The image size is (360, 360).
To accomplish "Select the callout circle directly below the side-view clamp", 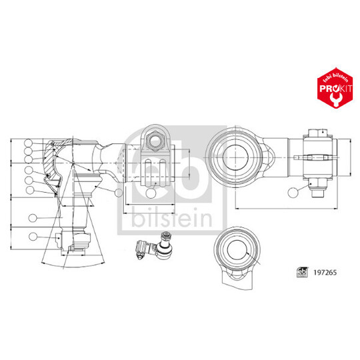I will (x=151, y=194).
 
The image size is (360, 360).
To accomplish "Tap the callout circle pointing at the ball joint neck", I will (x=119, y=193).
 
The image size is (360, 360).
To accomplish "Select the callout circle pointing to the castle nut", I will (x=33, y=235).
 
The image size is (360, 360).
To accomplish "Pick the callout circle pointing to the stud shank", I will (x=33, y=218).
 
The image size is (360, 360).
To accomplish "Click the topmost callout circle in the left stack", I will (x=28, y=143).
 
